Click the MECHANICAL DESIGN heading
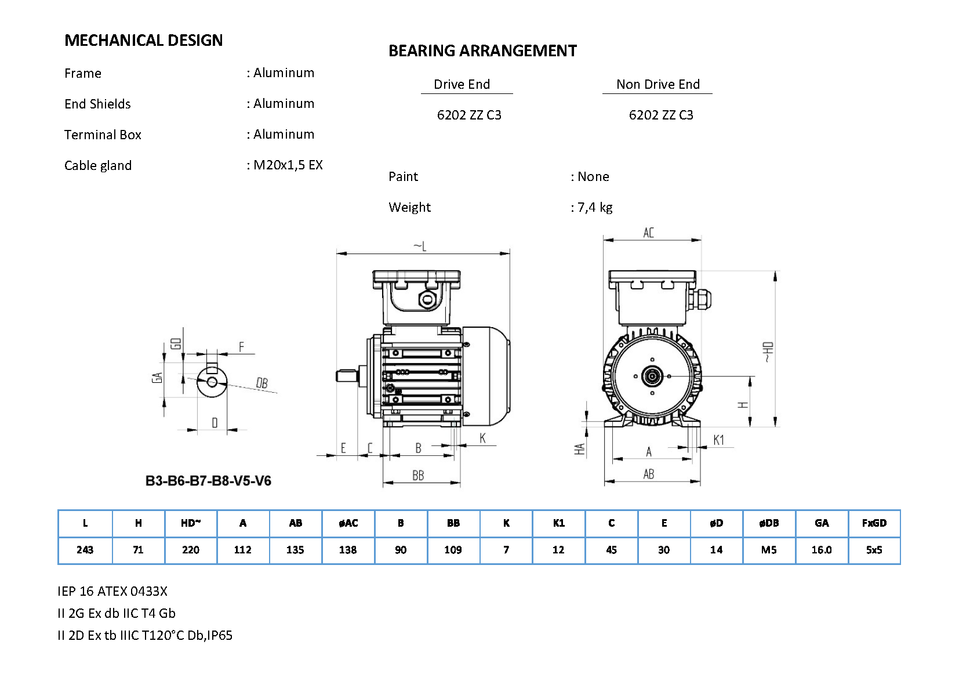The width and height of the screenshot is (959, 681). pyautogui.click(x=143, y=40)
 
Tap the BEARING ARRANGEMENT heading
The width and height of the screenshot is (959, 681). pyautogui.click(x=482, y=50)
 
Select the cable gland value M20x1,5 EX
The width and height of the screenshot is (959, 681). pyautogui.click(x=288, y=165)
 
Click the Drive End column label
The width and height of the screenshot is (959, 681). pyautogui.click(x=462, y=84)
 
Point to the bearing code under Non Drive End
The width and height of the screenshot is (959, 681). pyautogui.click(x=660, y=115)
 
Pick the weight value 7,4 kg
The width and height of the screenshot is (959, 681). pyautogui.click(x=595, y=207)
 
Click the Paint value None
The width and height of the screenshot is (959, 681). pyautogui.click(x=593, y=176)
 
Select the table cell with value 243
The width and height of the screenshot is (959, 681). pyautogui.click(x=85, y=550)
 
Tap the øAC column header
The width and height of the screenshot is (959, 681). pyautogui.click(x=348, y=523)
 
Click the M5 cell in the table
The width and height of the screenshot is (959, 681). pyautogui.click(x=768, y=550)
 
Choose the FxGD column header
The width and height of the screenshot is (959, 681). pyautogui.click(x=874, y=523)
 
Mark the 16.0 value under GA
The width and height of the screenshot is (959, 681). pyautogui.click(x=822, y=550)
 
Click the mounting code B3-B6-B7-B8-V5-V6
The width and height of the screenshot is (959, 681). pyautogui.click(x=208, y=480)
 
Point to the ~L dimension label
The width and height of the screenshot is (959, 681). pyautogui.click(x=420, y=247)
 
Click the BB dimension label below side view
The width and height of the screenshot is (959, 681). pyautogui.click(x=418, y=476)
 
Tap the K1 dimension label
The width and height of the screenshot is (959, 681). pyautogui.click(x=718, y=440)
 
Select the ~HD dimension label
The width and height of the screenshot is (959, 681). pyautogui.click(x=768, y=352)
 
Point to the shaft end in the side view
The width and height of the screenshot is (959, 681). pyautogui.click(x=347, y=376)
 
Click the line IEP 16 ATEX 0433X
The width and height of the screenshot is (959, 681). pyautogui.click(x=112, y=591)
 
